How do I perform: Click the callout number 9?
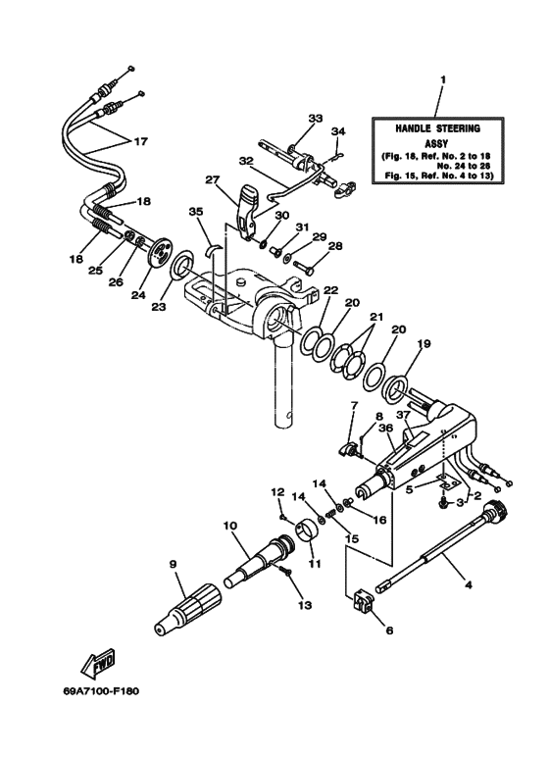[173, 564]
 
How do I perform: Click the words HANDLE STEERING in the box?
[438, 129]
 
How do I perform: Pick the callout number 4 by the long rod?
[468, 586]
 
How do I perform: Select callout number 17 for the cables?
[140, 141]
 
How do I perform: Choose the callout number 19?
[424, 345]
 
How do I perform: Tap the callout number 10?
[231, 527]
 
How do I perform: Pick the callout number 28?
[334, 246]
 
